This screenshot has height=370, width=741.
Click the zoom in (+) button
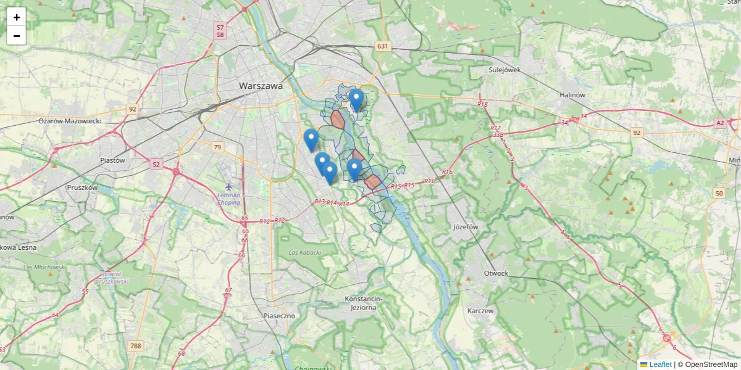coord(17,17)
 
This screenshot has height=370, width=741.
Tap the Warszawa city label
coord(261,86)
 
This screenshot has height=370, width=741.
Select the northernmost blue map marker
coord(356,99)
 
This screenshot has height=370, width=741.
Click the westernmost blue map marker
coord(311,140)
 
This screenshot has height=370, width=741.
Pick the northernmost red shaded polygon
coord(337,119)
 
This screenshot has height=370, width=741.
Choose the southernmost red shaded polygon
coord(373,181)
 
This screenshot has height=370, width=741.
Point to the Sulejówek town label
coord(504,70)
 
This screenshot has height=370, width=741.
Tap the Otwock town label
coord(496,273)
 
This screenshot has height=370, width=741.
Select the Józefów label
coord(466,227)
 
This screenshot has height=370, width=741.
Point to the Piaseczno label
coord(279,316)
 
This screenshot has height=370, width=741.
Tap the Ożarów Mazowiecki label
coord(70,121)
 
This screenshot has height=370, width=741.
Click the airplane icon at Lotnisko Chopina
coord(229,187)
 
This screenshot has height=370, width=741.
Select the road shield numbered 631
coord(383,46)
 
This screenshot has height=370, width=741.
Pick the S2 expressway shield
coord(156,164)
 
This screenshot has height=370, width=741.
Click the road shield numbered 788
coord(136,346)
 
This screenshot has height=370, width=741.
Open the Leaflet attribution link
coord(660,364)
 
